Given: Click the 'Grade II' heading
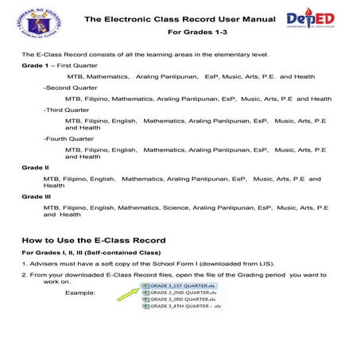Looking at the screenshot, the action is tap(35, 168).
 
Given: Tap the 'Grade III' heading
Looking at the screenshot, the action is tap(37, 196).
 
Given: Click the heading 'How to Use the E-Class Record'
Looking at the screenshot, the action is tap(94, 239).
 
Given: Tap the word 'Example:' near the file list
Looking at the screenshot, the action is tap(80, 292).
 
